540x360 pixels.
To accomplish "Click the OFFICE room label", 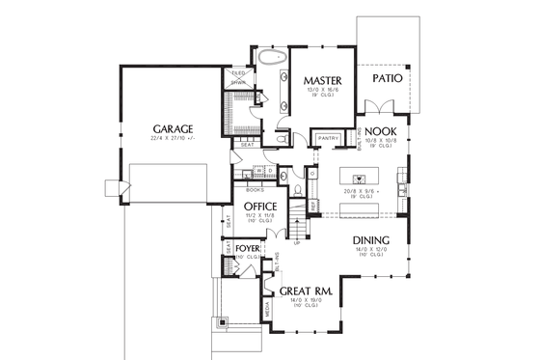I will [x=260, y=207].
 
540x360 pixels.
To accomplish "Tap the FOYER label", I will [x=247, y=248].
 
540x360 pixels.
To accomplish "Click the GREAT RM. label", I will [x=307, y=290].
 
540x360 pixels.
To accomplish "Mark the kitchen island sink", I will [x=360, y=179].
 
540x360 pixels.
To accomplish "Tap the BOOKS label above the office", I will [x=256, y=190].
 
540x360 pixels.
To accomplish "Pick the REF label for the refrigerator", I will [x=314, y=205].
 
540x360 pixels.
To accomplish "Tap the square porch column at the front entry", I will [x=224, y=323].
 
